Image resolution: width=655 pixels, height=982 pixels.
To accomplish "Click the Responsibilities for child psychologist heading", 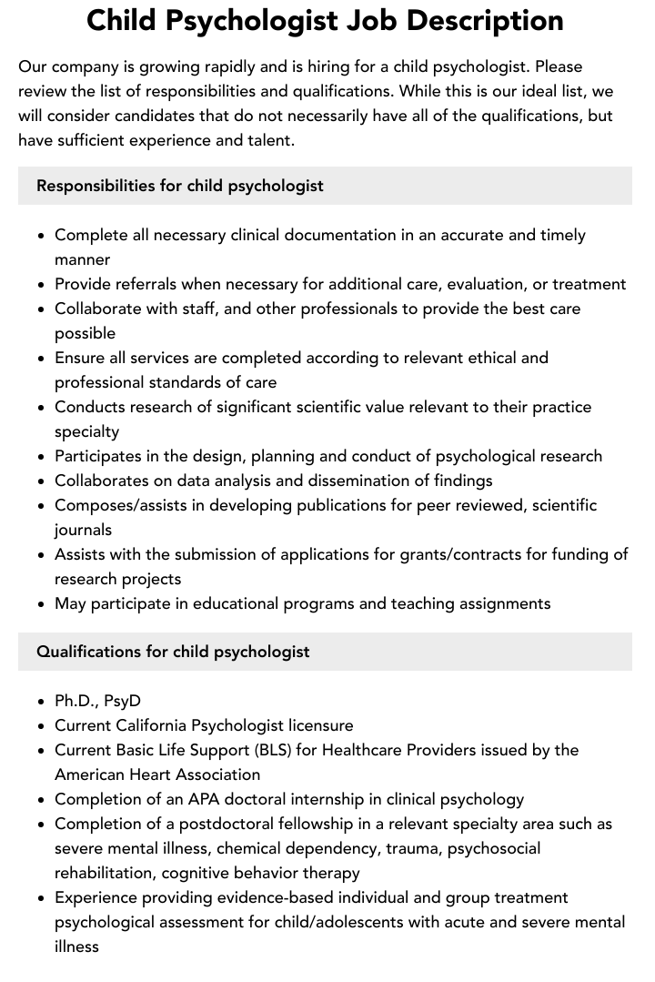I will point(180,186).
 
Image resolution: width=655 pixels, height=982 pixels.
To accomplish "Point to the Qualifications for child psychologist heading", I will point(173,652).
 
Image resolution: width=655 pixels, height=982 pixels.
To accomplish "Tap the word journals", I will point(83,530).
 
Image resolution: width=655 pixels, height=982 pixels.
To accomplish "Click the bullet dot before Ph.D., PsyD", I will point(42,702).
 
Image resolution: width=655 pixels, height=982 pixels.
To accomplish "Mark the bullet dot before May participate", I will point(42,604).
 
